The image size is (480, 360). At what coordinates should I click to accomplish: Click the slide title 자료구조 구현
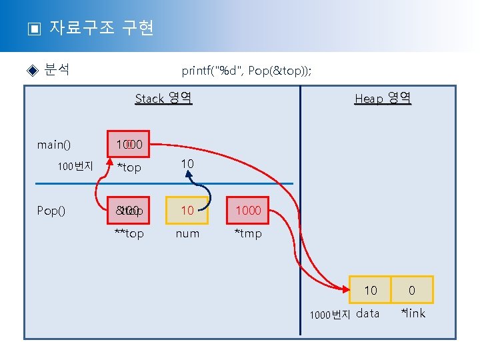point(101,28)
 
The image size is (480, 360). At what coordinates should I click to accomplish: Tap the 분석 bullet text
point(57,69)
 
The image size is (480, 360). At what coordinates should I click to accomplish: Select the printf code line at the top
point(246,71)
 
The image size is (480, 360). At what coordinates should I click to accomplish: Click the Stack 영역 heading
point(163,99)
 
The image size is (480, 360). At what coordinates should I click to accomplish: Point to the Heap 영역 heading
point(383,99)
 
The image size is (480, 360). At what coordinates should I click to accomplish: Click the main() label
point(54,145)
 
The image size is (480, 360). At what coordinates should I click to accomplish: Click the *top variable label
point(129,167)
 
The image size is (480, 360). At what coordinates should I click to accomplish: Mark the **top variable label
point(129,233)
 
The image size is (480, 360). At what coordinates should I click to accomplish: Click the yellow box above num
point(187,210)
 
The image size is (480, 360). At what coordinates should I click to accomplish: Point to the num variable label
point(187,233)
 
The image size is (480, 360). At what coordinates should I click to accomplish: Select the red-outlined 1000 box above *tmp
point(248,210)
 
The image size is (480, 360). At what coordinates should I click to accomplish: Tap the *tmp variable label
point(248,233)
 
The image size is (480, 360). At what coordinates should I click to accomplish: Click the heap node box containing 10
point(371,290)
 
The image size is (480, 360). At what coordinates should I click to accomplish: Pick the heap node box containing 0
point(412,290)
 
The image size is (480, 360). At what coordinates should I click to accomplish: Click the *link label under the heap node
point(412,313)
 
